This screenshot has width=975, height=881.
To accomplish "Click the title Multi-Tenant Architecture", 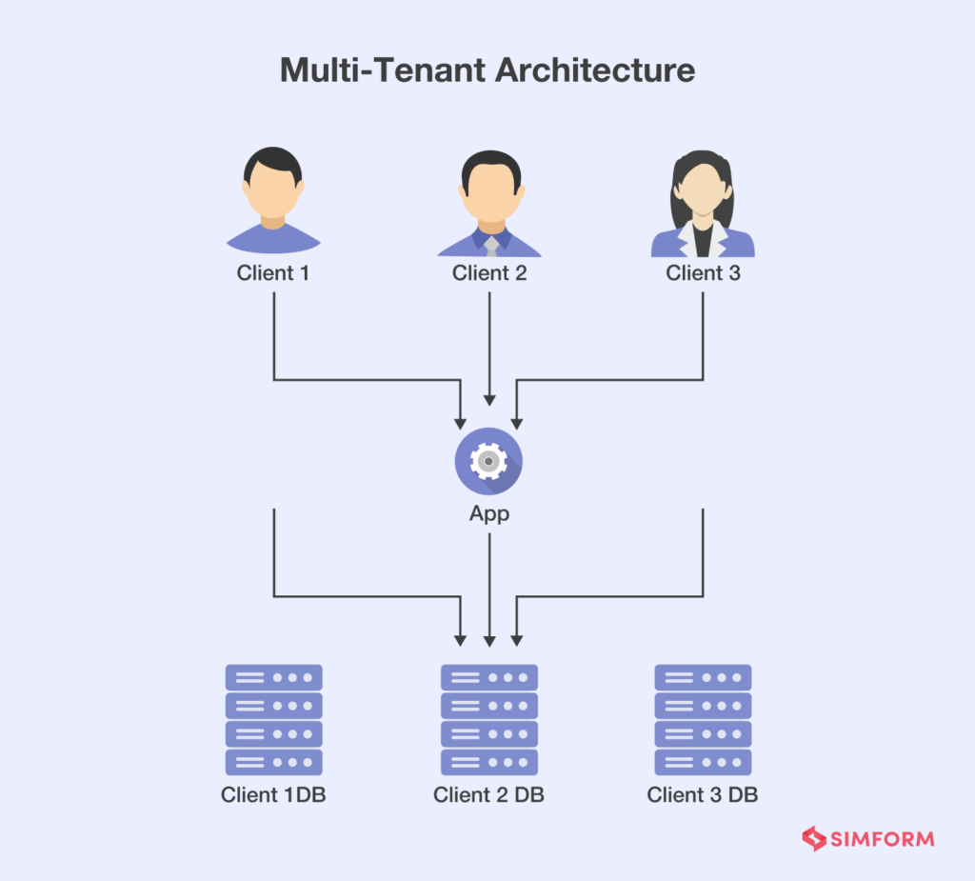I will (487, 71).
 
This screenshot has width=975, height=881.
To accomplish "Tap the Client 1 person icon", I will (273, 202).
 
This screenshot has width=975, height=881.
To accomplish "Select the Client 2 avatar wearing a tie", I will (489, 202).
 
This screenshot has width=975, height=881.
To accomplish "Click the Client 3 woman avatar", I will (703, 202).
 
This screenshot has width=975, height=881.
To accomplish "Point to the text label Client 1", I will (273, 273).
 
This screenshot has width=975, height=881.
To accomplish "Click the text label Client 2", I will (489, 273).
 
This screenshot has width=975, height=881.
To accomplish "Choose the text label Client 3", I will (703, 273).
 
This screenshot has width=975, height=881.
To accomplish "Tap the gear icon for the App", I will (488, 462).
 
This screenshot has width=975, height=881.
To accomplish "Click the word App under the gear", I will (489, 514).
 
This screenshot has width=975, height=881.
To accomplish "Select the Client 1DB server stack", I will (274, 719).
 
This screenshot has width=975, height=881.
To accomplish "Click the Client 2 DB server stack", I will (489, 719).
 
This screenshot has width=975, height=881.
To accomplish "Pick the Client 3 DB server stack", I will (703, 719).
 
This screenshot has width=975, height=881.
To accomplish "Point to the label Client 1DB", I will (274, 795).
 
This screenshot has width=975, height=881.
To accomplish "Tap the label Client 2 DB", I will (489, 795).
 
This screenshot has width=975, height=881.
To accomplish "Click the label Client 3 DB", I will (703, 795).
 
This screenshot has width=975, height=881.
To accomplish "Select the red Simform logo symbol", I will (814, 839).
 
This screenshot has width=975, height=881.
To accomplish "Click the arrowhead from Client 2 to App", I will (489, 401).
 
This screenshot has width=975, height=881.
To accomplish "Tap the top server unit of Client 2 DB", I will (489, 678).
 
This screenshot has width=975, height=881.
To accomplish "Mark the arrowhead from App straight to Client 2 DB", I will (489, 640).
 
